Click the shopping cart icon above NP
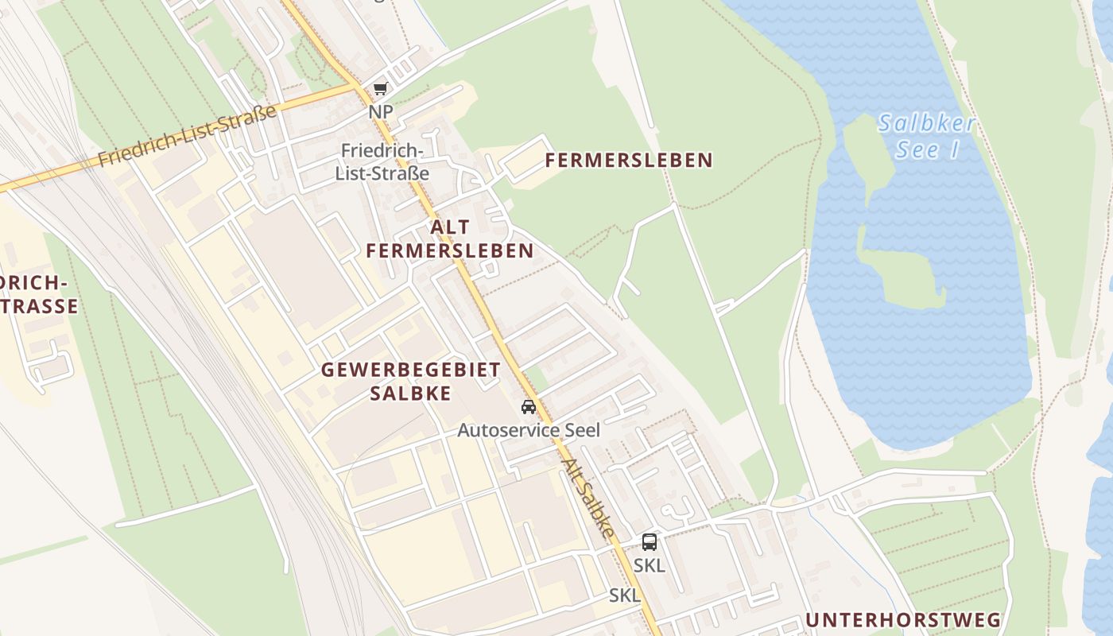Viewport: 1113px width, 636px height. (380, 89)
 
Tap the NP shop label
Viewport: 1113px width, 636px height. (381, 112)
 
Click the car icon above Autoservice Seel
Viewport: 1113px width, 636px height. (528, 408)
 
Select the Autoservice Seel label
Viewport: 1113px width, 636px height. (528, 430)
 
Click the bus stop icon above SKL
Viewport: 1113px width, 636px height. (650, 542)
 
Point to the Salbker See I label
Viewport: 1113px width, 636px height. (926, 136)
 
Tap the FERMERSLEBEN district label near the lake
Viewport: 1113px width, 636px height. (628, 161)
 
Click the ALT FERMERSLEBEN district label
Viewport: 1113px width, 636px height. (449, 239)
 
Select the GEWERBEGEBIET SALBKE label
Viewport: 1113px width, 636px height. (410, 382)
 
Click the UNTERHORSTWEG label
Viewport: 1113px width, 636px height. (902, 620)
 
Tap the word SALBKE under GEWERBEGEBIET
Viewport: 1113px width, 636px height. (410, 394)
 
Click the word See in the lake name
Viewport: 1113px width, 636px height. (911, 149)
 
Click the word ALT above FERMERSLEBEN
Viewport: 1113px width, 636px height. (449, 227)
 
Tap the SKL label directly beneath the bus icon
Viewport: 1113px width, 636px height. (650, 566)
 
